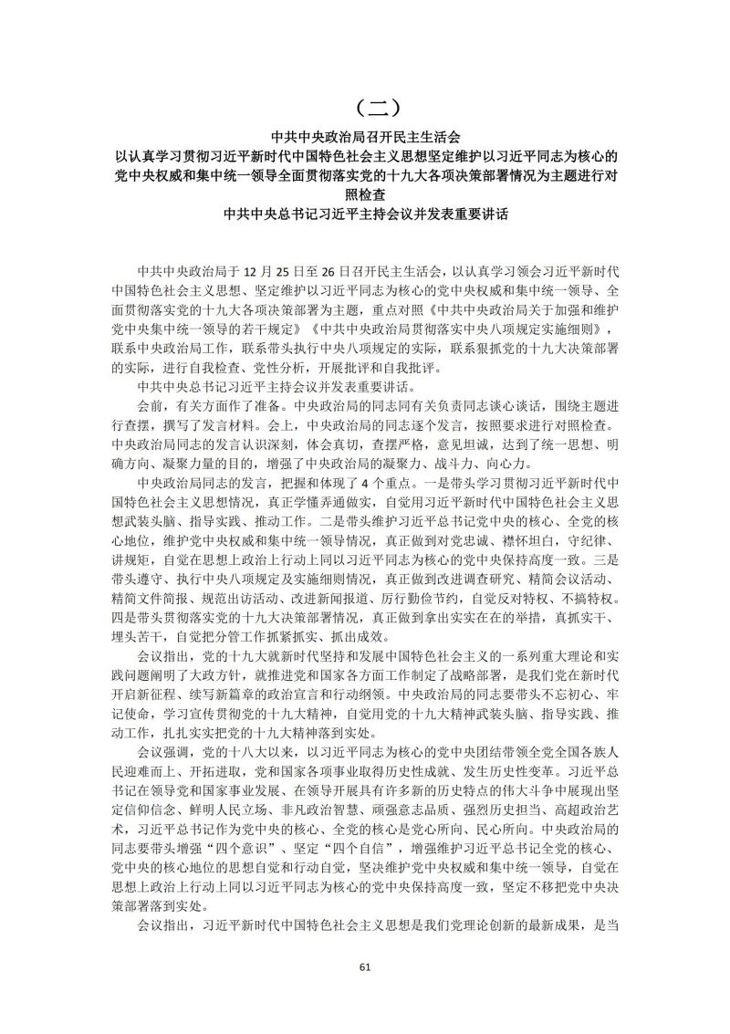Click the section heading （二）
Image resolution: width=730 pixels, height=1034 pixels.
[x=365, y=108]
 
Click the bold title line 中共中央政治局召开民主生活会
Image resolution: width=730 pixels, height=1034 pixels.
[x=365, y=134]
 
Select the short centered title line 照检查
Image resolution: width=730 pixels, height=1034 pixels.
[x=365, y=194]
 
